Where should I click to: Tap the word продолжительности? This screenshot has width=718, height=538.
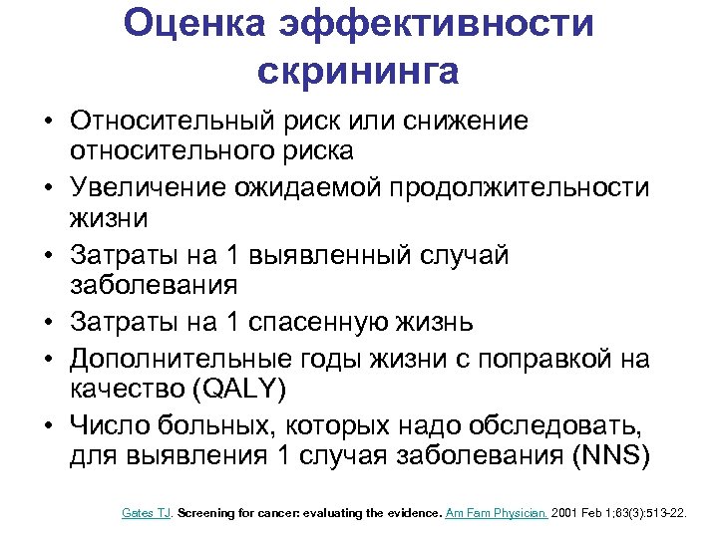(x=509, y=188)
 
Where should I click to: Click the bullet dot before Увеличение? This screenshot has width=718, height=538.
(x=48, y=188)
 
